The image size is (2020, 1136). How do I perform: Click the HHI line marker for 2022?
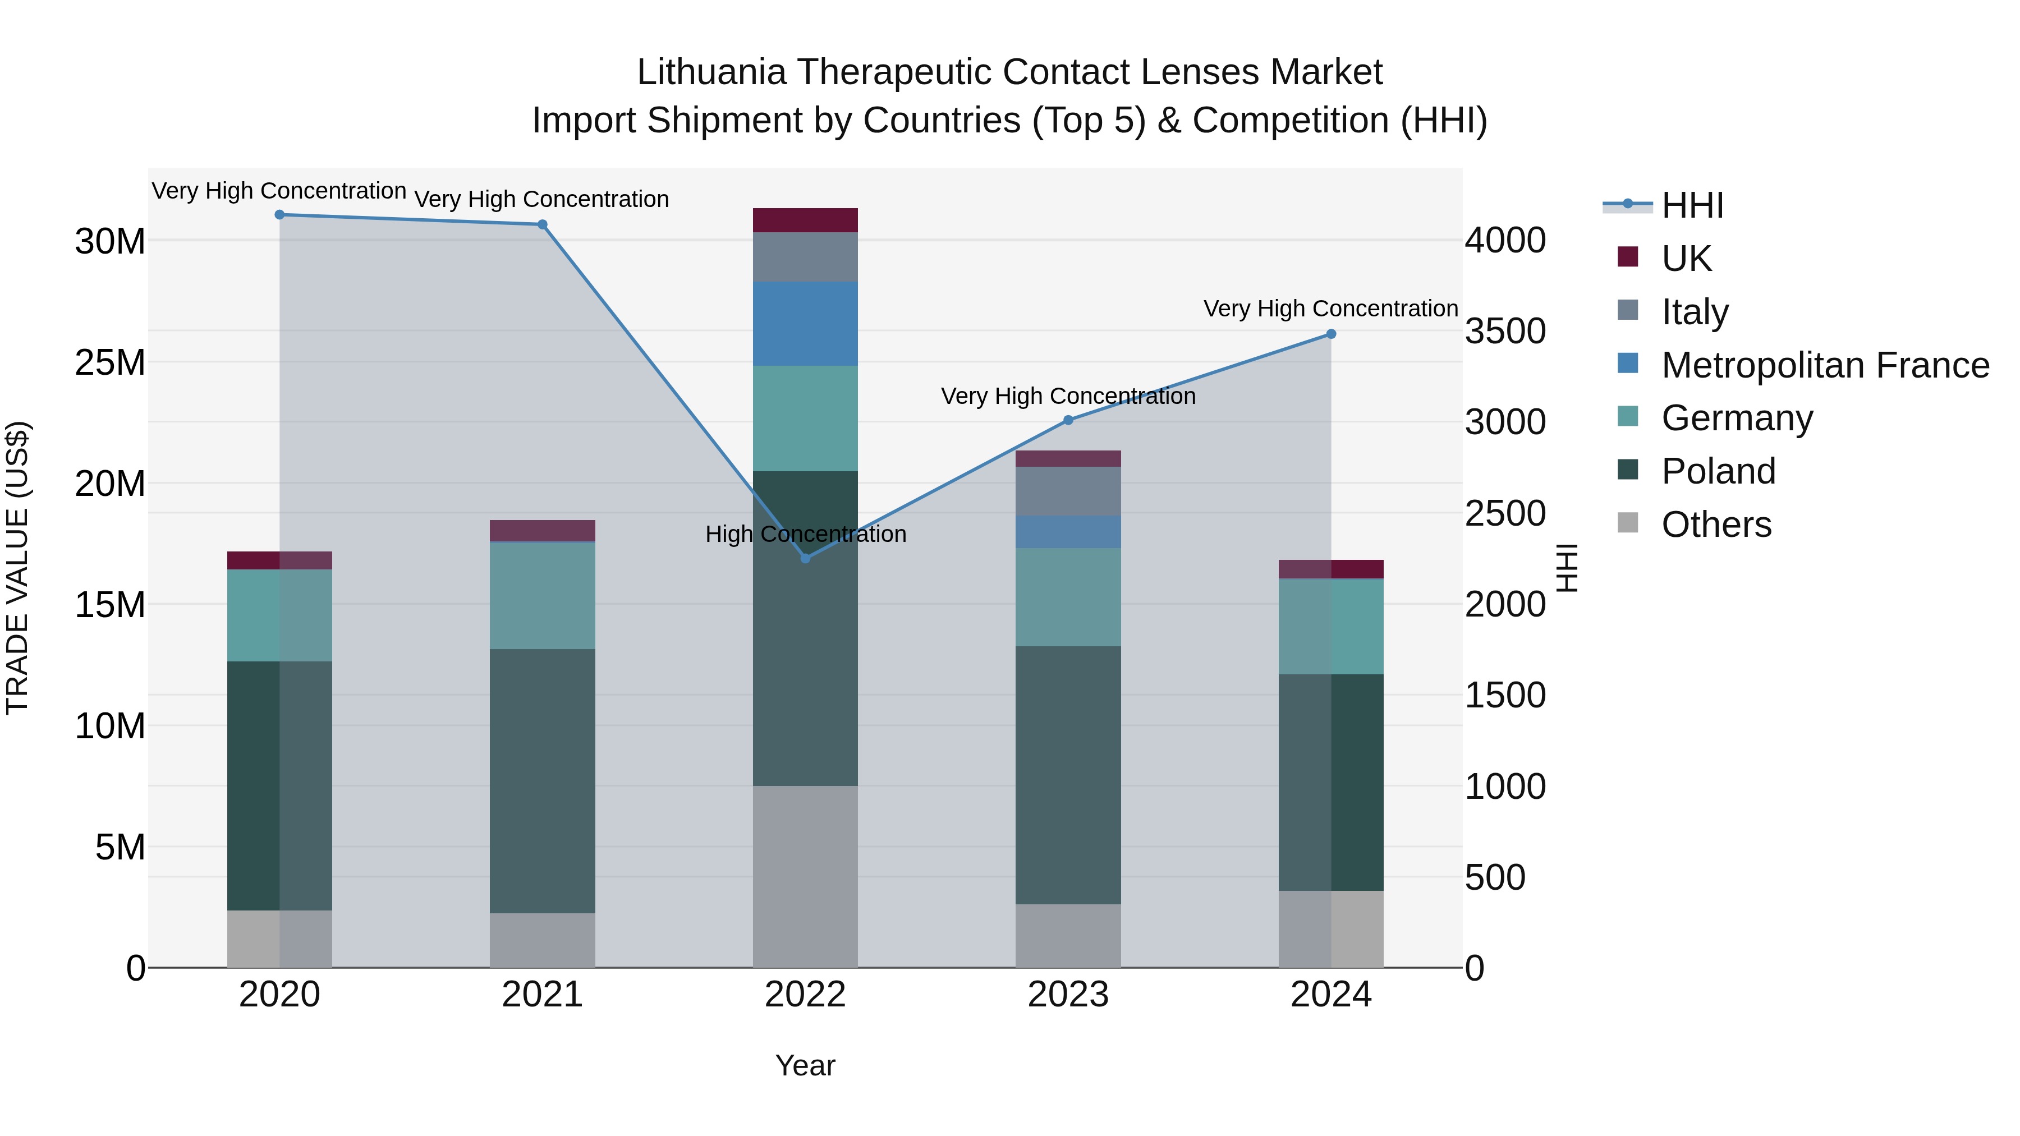[805, 558]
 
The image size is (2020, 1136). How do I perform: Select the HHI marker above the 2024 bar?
[1331, 334]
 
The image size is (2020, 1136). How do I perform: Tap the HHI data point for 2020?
[279, 215]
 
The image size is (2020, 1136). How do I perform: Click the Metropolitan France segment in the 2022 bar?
[805, 324]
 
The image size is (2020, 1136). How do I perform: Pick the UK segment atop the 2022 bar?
[805, 220]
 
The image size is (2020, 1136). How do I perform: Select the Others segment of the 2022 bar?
[805, 876]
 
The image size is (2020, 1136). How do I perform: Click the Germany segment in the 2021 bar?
[542, 596]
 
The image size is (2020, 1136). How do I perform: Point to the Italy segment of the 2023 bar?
[1068, 491]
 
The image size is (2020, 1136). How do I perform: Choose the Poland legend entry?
[1718, 471]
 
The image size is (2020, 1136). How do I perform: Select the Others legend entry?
[1716, 525]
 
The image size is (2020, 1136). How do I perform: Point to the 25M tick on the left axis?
[110, 362]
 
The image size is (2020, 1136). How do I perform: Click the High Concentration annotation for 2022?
[805, 534]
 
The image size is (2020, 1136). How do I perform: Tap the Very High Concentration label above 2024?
[1331, 309]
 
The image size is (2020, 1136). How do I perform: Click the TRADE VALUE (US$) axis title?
[17, 568]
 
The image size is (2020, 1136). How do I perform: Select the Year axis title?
[805, 1065]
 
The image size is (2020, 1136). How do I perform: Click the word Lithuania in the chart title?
[711, 72]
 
